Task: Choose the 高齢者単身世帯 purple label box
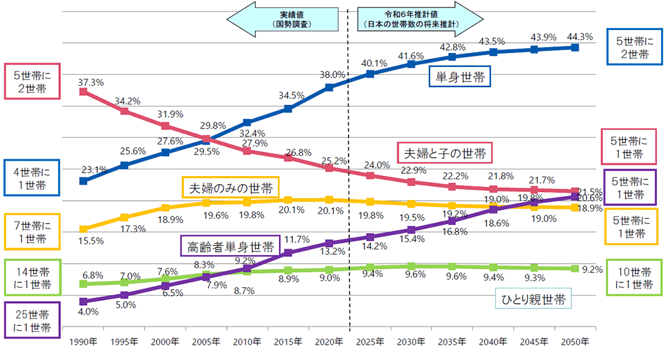[229, 247]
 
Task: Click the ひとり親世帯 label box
[534, 300]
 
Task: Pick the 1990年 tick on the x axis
[83, 343]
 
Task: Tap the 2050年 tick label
[575, 343]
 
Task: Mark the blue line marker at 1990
[83, 181]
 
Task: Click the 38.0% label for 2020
[332, 75]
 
